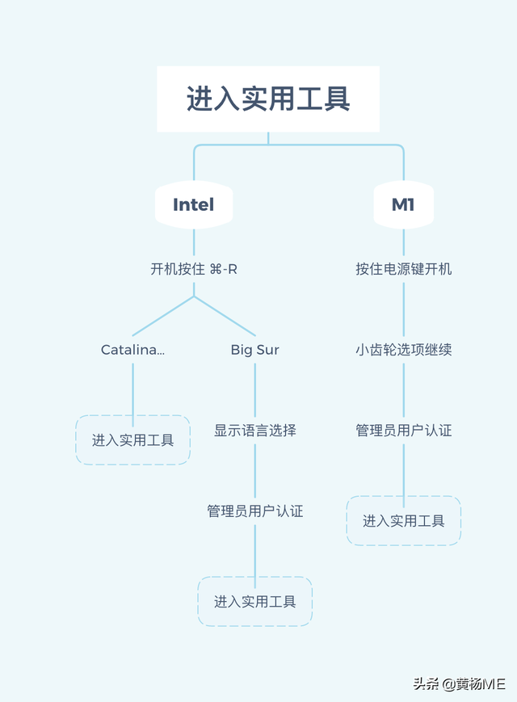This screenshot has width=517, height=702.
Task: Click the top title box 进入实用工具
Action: pyautogui.click(x=267, y=99)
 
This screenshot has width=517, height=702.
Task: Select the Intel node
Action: pyautogui.click(x=194, y=204)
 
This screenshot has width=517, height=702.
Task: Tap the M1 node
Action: pyautogui.click(x=403, y=204)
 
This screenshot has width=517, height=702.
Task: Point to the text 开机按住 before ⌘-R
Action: pyautogui.click(x=178, y=269)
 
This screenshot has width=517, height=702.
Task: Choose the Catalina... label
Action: pyautogui.click(x=132, y=350)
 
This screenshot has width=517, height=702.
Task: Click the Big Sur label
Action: pyautogui.click(x=255, y=350)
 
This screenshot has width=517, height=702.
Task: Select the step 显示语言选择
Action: pyautogui.click(x=255, y=431)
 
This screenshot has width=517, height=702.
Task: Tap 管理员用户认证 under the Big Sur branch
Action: pyautogui.click(x=255, y=511)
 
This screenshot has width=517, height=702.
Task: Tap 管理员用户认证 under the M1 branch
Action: pyautogui.click(x=403, y=431)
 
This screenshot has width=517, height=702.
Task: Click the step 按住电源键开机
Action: pyautogui.click(x=403, y=269)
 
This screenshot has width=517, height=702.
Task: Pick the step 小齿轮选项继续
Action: pyautogui.click(x=403, y=350)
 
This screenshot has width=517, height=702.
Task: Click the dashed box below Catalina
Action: pyautogui.click(x=132, y=440)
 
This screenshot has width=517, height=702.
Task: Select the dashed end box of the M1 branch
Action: pyautogui.click(x=403, y=521)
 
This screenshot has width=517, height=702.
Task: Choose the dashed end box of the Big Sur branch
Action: pyautogui.click(x=255, y=602)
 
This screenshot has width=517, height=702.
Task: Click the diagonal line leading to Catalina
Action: pyautogui.click(x=163, y=316)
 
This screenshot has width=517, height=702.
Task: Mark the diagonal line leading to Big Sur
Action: pyautogui.click(x=225, y=316)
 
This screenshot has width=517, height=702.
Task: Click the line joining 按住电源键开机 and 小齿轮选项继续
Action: pyautogui.click(x=403, y=309)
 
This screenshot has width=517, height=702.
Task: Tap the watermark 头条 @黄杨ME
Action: pyautogui.click(x=459, y=683)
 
